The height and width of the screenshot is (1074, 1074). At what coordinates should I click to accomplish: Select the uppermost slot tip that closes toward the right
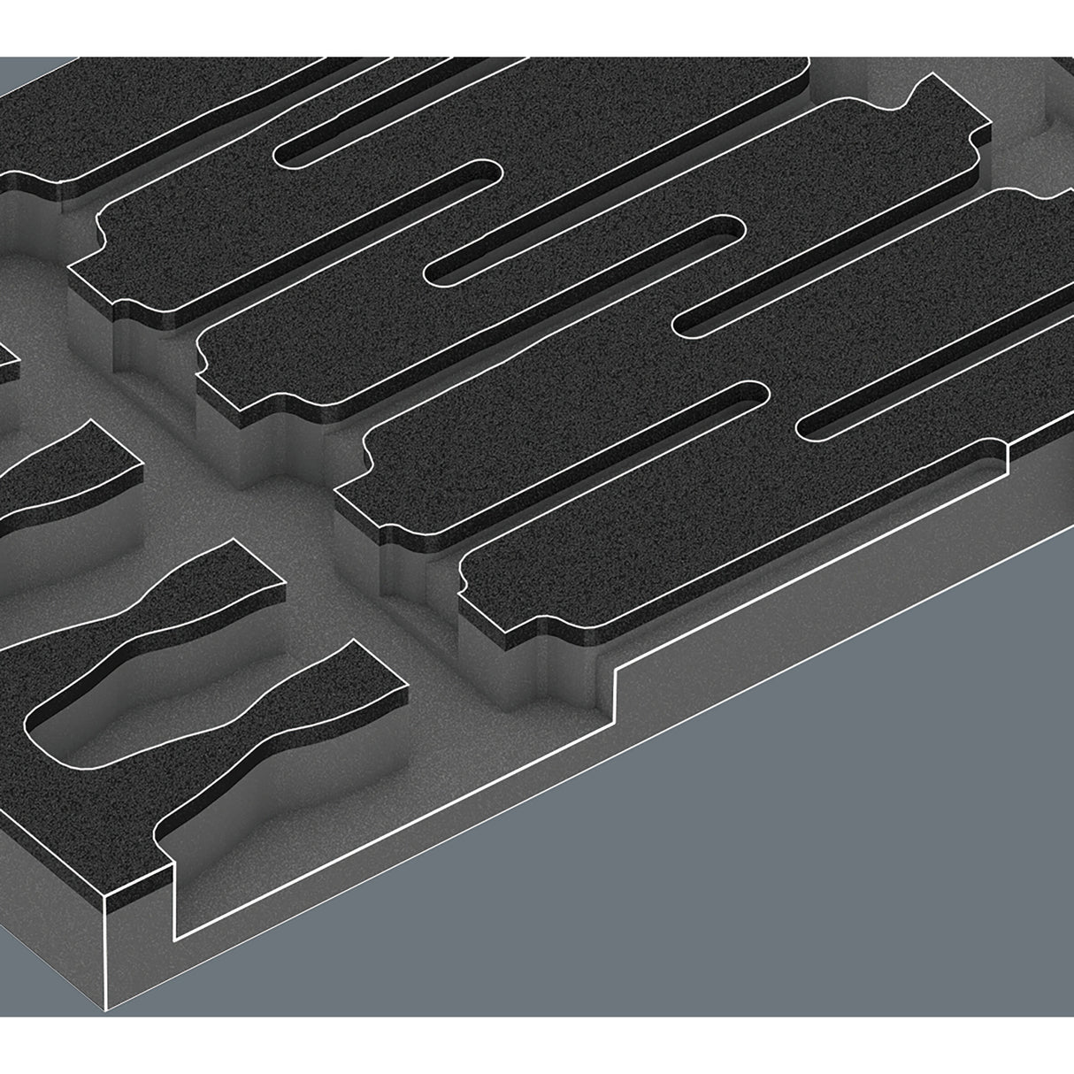491,172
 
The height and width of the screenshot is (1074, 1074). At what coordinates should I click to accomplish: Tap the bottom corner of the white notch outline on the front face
178,938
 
